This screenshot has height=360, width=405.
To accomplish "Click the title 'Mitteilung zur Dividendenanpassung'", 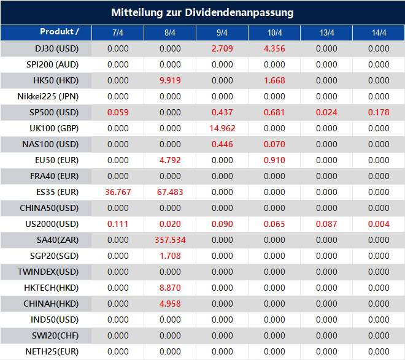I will pos(202,12).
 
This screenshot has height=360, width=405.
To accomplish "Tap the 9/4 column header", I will pos(222,33).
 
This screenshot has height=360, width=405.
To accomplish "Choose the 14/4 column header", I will pos(379,33).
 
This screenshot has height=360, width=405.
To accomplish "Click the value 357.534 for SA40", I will pos(170,240).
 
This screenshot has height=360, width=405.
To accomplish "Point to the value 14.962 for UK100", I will pos(222,128).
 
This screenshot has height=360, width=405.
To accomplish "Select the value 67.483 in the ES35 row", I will pos(170,192).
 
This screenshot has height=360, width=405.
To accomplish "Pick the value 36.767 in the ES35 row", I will pos(118,192).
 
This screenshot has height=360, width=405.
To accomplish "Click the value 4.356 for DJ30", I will pos(274,48).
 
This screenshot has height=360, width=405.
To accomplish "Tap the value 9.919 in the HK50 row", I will pos(170,80).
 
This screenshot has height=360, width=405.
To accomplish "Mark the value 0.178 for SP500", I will pos(379,112).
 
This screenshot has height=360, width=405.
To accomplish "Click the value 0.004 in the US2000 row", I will pos(379,224).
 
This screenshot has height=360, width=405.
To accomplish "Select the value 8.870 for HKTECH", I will pos(170,288).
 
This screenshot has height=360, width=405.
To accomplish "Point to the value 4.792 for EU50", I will pos(170,160).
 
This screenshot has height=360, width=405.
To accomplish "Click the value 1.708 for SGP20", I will pos(170,256).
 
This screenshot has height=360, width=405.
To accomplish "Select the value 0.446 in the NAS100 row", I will pos(222,144).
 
